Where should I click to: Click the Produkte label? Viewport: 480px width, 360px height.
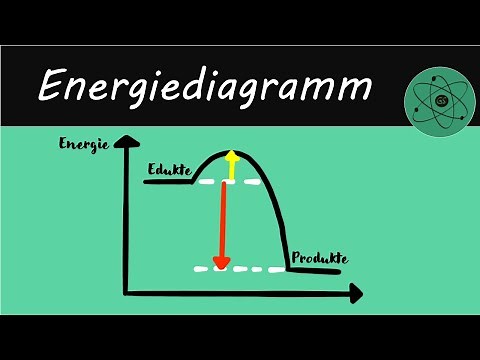[x=318, y=258]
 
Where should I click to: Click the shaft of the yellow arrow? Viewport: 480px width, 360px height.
[x=232, y=170]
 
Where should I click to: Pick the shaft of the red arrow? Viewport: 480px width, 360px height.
[x=223, y=220]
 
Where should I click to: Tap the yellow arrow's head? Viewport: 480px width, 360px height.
[x=232, y=156]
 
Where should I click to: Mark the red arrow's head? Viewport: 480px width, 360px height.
[x=222, y=263]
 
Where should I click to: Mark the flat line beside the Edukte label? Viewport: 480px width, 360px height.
[x=165, y=182]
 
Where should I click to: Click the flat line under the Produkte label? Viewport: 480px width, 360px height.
[x=318, y=269]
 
